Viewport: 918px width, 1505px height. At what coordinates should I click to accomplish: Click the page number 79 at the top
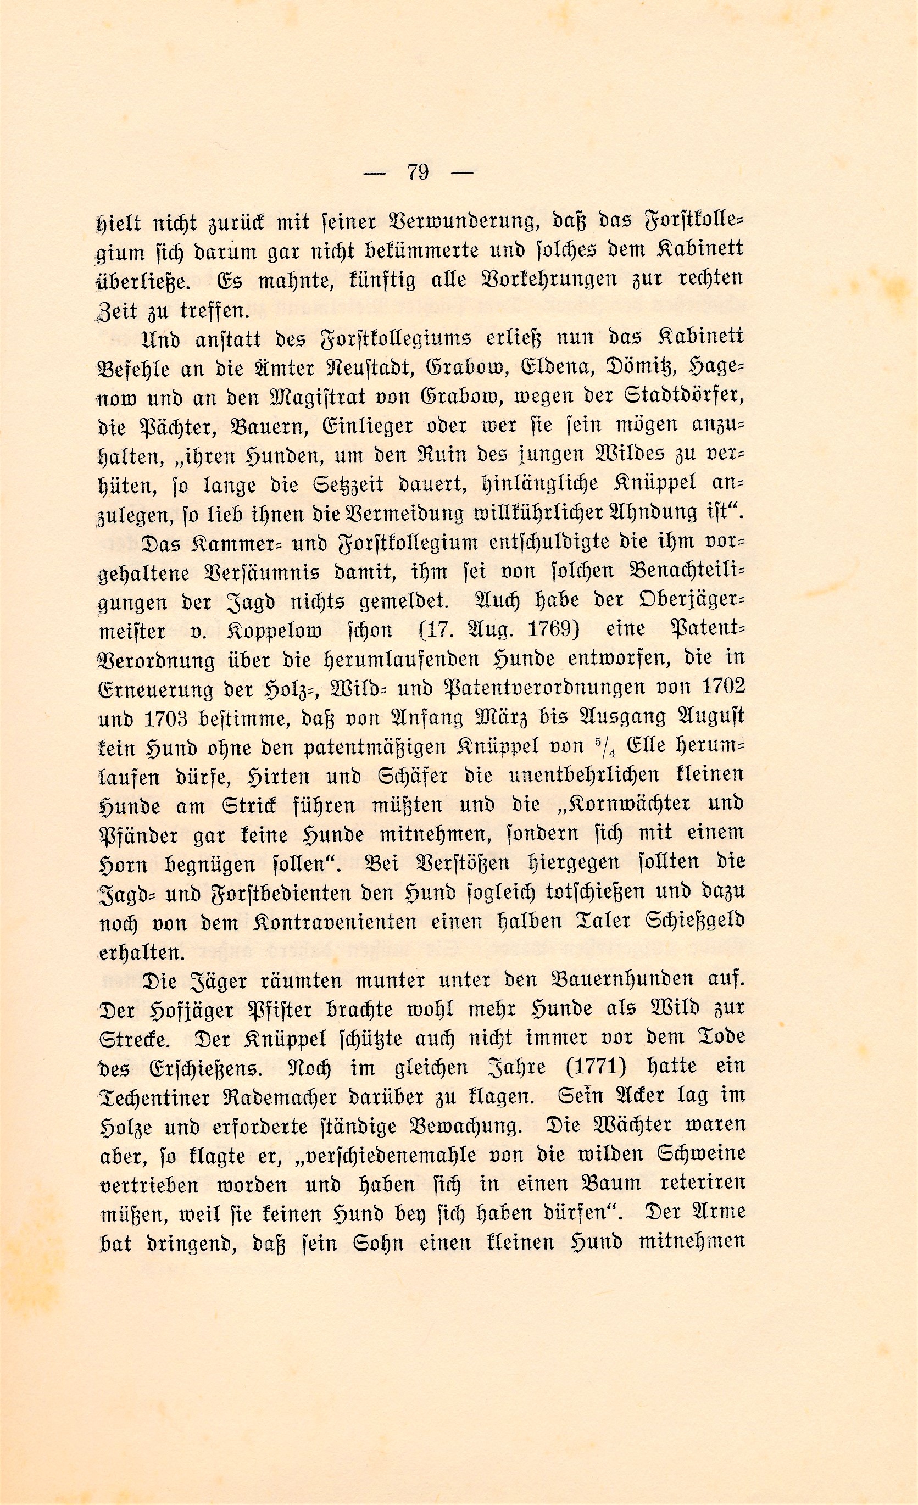419,173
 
